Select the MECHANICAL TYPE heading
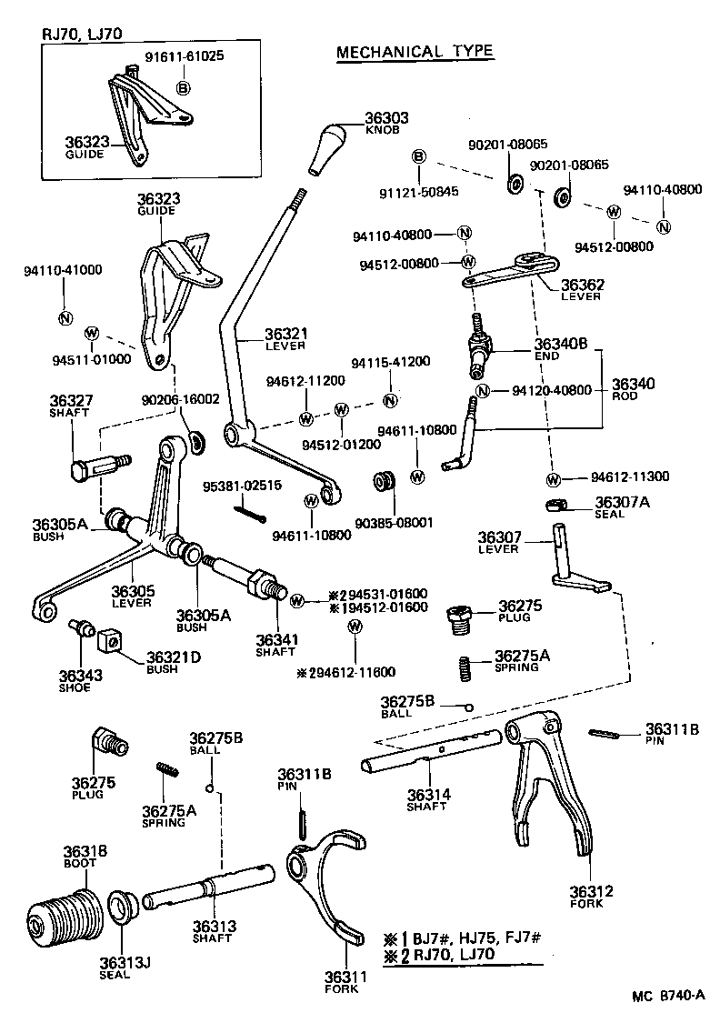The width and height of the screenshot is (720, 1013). click(x=415, y=52)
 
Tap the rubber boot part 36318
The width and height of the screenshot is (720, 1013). click(x=64, y=913)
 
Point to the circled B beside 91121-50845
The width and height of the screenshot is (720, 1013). click(x=419, y=157)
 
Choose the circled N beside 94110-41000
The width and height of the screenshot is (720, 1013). click(x=65, y=317)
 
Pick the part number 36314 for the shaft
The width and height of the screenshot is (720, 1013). click(x=427, y=794)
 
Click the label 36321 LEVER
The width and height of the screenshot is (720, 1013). click(x=286, y=339)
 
